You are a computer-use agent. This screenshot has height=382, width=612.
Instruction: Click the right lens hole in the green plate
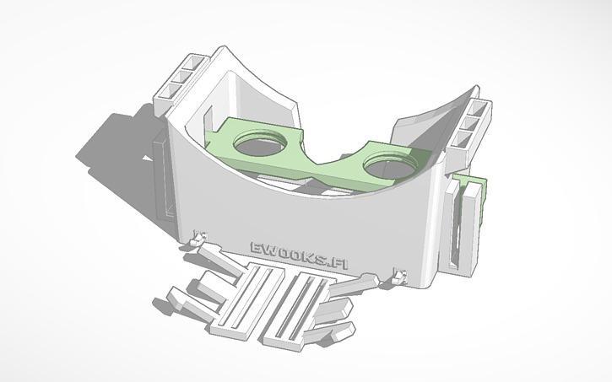tap(390, 162)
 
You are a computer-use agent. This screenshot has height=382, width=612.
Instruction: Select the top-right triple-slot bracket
tap(473, 126)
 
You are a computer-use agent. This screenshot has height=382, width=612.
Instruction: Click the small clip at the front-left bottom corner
tap(200, 240)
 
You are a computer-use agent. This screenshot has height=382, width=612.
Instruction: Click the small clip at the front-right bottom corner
tap(399, 275)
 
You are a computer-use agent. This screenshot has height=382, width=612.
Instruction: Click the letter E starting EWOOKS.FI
tap(256, 248)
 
